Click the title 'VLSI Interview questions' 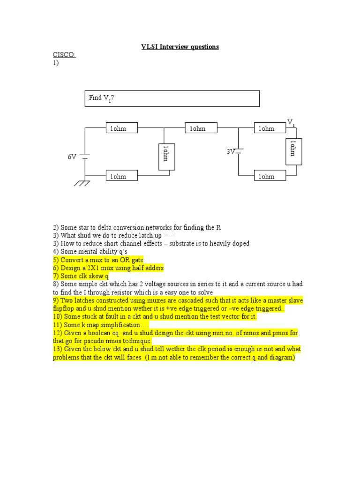180,47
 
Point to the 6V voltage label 72,157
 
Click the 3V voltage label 230,152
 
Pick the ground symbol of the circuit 82,182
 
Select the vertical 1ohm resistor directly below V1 294,152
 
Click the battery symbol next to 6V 85,157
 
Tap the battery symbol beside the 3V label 239,151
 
